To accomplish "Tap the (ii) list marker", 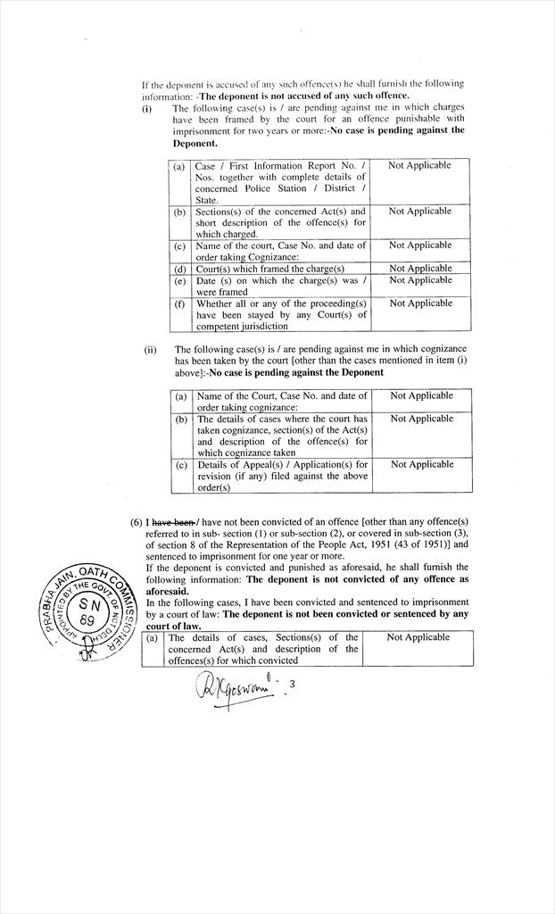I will [x=150, y=350].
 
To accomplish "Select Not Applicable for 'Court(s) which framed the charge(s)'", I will [x=420, y=269].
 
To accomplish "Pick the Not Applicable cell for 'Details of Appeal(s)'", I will [x=422, y=465].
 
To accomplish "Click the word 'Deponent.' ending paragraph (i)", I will [x=195, y=143].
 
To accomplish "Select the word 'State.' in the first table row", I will [x=207, y=200].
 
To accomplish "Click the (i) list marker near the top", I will [x=147, y=108].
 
